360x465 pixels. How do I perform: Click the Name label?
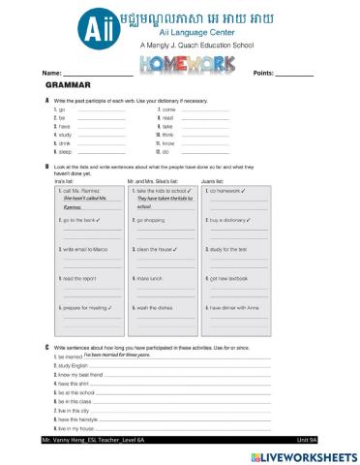coord(51,74)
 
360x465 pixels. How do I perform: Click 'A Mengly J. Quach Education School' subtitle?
coord(179,45)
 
